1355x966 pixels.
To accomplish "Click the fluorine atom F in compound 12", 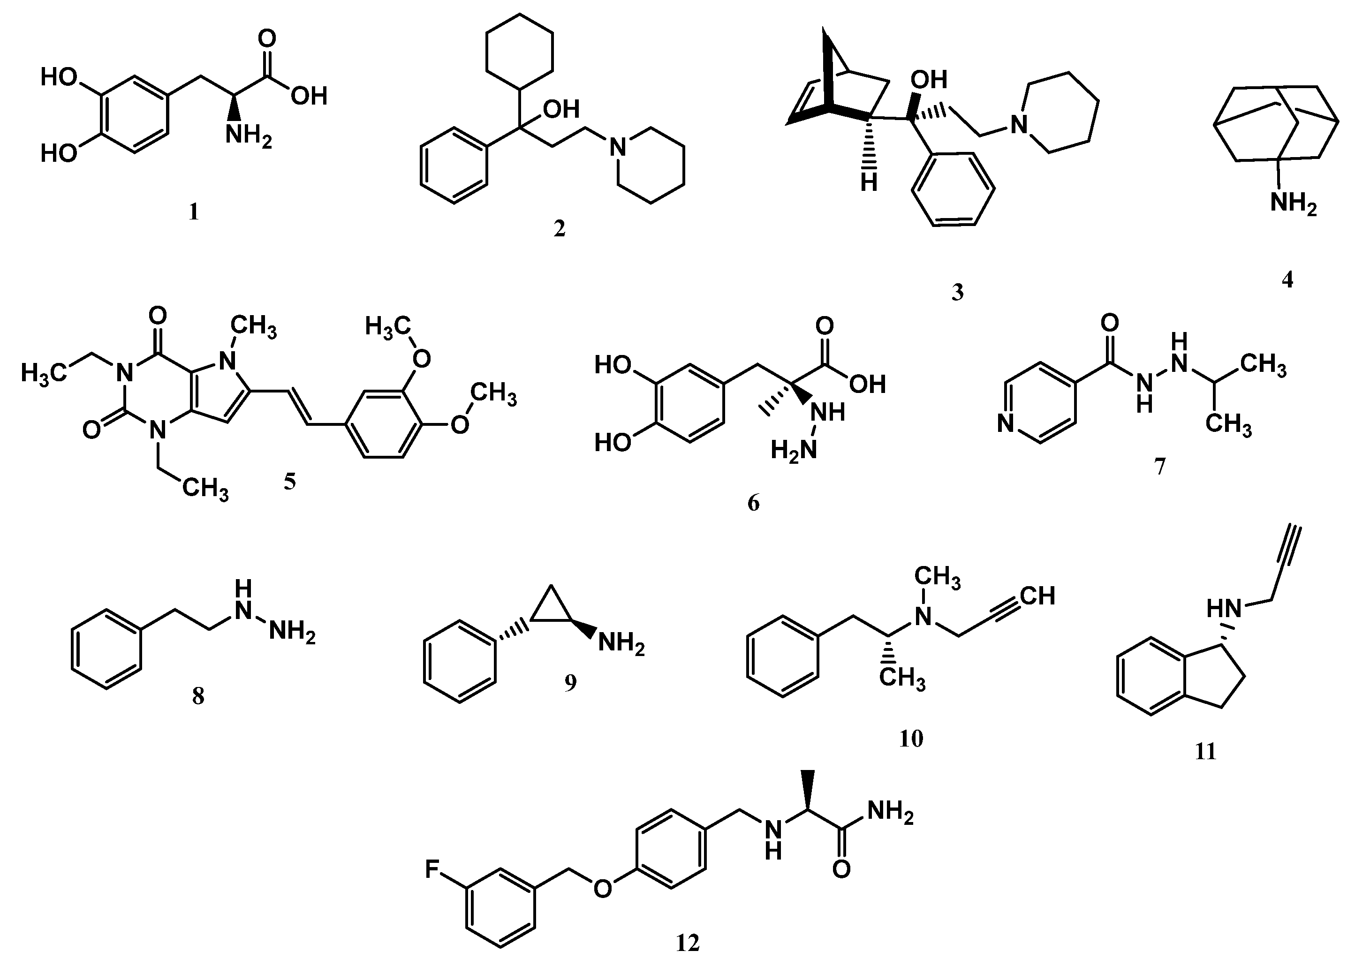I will click(432, 870).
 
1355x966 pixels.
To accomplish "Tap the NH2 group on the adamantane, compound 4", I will click(1293, 204).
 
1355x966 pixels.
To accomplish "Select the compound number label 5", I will click(290, 482).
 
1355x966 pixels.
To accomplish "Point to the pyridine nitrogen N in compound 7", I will click(1005, 425).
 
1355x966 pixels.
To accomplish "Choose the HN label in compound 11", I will click(1224, 609).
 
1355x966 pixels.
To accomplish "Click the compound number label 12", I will click(688, 943).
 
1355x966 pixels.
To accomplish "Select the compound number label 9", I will click(570, 683).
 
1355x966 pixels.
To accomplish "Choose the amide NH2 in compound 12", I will click(890, 811).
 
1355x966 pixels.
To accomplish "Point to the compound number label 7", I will click(1160, 467).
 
